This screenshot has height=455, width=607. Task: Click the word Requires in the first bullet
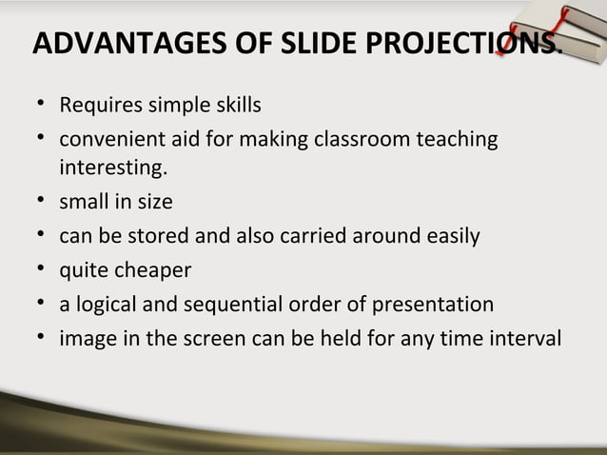[x=99, y=103]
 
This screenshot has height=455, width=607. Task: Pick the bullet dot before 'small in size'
[x=42, y=202]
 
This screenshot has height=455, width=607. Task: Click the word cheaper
[x=153, y=271]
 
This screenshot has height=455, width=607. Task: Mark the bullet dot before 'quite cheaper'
[x=42, y=271]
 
